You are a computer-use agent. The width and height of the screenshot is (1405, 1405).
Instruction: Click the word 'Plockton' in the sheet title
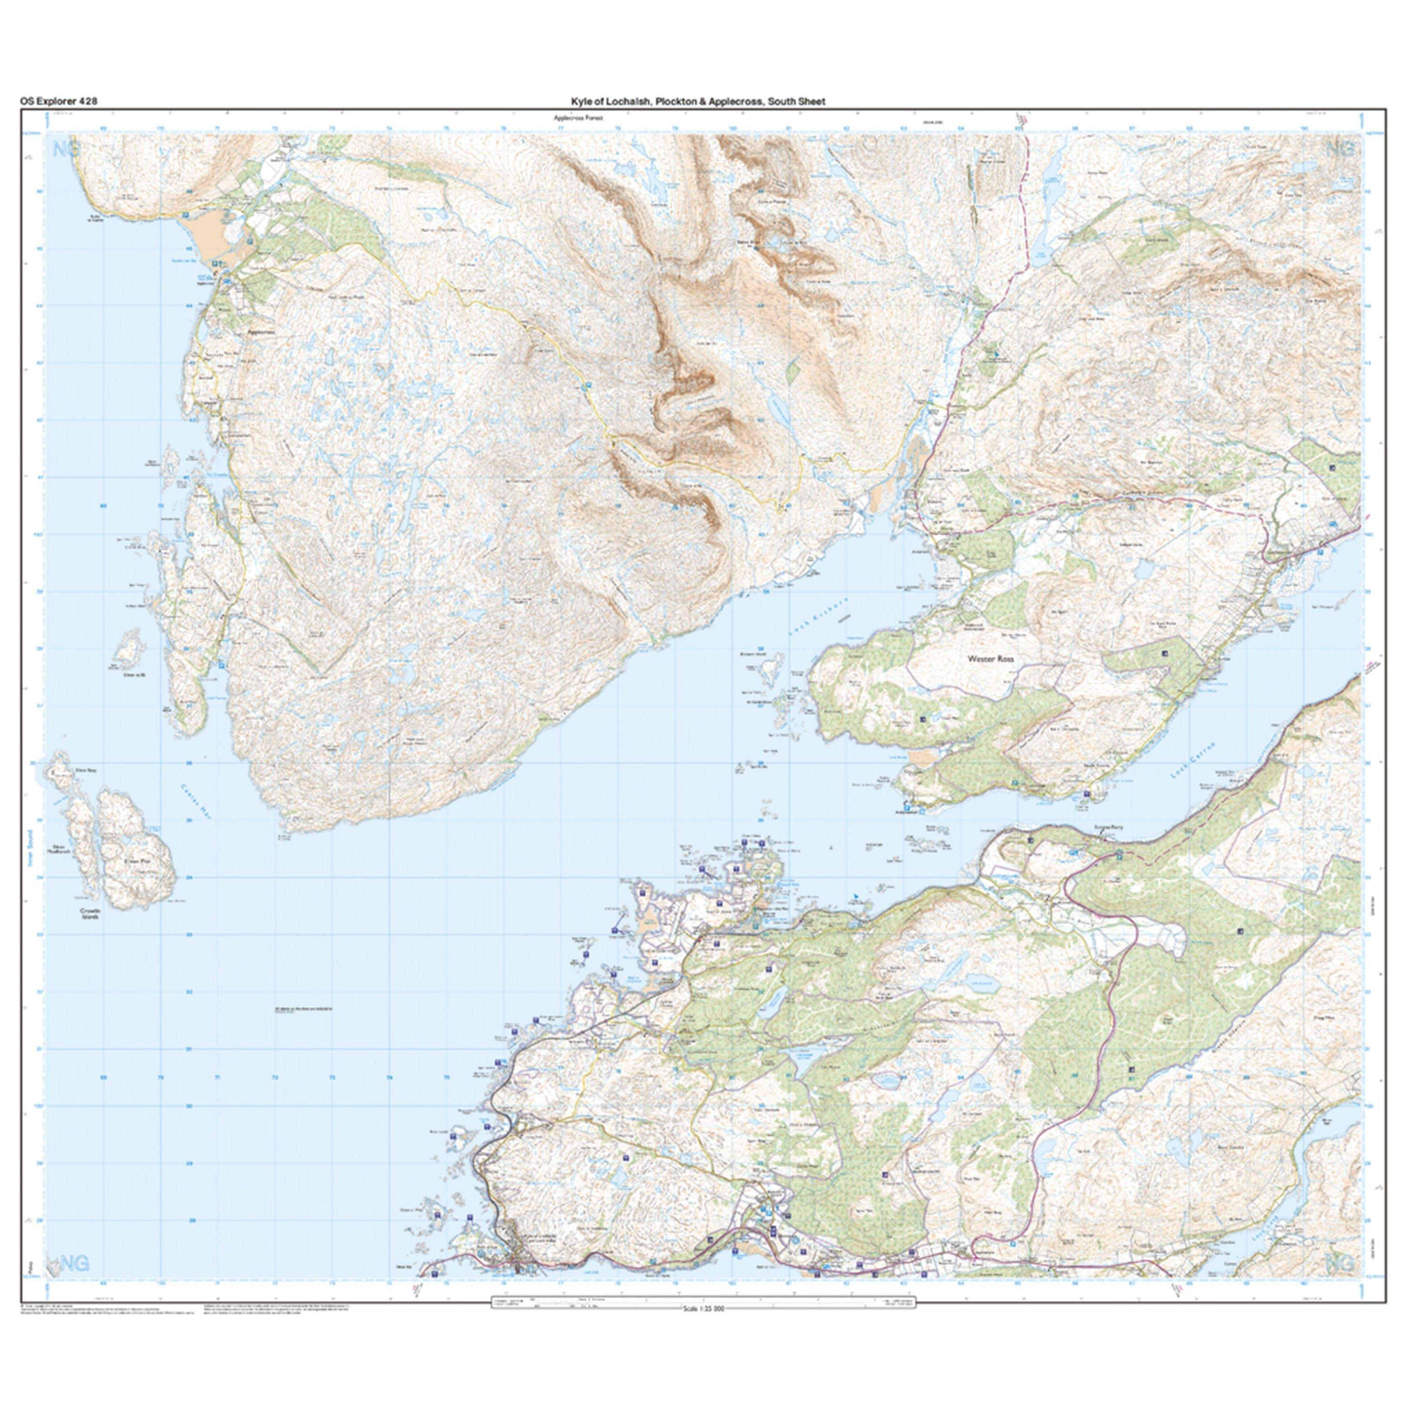pos(676,102)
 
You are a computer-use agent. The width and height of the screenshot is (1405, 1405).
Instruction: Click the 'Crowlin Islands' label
pos(91,913)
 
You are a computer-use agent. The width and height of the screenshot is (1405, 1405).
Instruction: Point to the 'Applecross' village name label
pos(259,331)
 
